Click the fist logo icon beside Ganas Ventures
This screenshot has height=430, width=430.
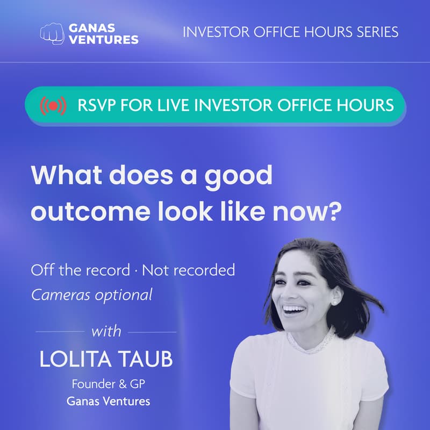click(52, 33)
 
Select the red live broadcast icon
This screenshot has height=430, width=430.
click(53, 105)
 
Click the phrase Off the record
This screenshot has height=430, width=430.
click(80, 269)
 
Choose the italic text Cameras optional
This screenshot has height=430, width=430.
click(91, 295)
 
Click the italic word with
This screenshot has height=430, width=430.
click(106, 331)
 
